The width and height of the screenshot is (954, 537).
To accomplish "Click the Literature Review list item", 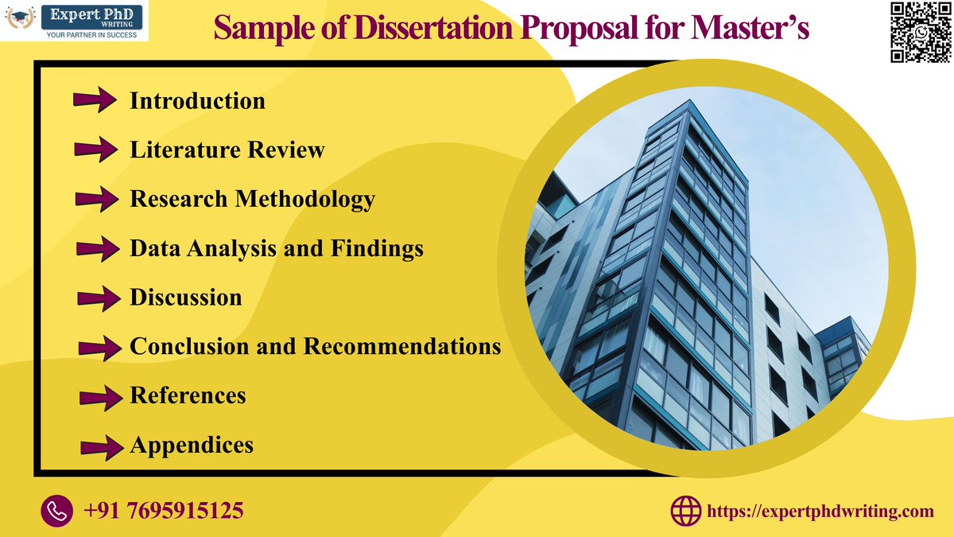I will tap(227, 150).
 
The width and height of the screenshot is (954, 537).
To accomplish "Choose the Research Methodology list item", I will tap(252, 199).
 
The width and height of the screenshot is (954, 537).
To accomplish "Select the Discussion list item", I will tap(186, 298).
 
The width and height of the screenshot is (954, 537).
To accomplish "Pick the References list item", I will tap(188, 395).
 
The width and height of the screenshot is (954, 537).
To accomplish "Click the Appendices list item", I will tap(192, 445).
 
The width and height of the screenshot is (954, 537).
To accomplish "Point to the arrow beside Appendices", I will tap(101, 446).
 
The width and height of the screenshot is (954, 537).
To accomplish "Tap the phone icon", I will tap(56, 510).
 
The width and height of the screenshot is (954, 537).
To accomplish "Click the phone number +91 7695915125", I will tap(163, 510).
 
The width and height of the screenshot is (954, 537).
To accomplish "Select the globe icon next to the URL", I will tap(686, 511).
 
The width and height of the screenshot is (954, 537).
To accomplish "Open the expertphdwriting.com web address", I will tap(820, 511).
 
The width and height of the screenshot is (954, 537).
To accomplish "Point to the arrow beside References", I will tap(100, 395).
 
